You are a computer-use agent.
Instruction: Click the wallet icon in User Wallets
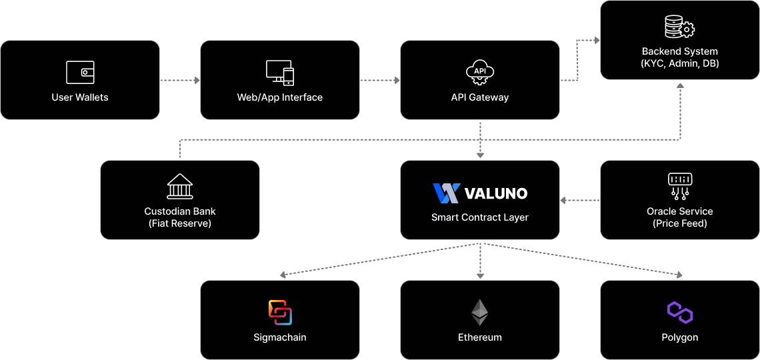coord(80,72)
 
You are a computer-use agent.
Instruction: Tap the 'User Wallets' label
coord(80,97)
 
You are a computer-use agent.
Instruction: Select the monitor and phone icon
coord(280,72)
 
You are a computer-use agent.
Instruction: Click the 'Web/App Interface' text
coord(280,97)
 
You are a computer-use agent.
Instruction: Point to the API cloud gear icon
coord(480,73)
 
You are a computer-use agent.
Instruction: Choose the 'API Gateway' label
coord(480,97)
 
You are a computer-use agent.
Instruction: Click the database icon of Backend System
coord(680,27)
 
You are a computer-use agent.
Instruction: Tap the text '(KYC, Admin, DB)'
coord(680,63)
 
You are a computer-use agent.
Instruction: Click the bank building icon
coord(180,187)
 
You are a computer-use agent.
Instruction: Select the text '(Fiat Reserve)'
coord(180,223)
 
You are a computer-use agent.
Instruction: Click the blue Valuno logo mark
coord(446,193)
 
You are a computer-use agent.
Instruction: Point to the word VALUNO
coord(495,194)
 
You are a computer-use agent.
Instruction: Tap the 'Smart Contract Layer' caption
coord(480,217)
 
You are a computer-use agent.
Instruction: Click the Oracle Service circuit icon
coord(680,187)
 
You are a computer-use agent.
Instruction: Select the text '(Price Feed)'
coord(680,223)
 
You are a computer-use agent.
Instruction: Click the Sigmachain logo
coord(280,313)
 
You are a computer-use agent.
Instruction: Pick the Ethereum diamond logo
coord(480,312)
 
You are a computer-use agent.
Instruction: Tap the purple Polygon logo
coord(680,312)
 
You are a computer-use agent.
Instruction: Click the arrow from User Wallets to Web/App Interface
coord(180,81)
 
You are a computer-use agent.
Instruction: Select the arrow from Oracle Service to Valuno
coord(580,200)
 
